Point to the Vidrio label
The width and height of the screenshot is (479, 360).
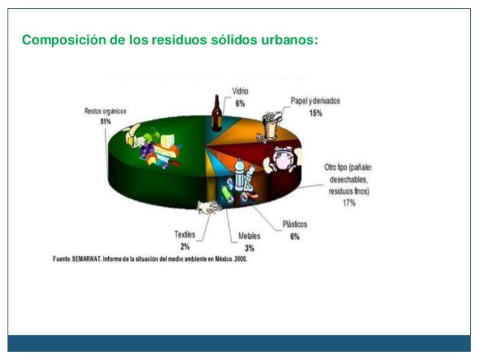(x=240, y=91)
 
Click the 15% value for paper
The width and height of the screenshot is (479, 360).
(x=315, y=113)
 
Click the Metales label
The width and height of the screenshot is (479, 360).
(x=249, y=236)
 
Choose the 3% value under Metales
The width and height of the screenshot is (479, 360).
(x=249, y=247)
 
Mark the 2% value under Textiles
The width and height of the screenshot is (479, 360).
(x=185, y=246)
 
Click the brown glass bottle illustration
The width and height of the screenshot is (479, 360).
(x=218, y=113)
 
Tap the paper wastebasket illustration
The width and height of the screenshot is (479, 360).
(x=270, y=126)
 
